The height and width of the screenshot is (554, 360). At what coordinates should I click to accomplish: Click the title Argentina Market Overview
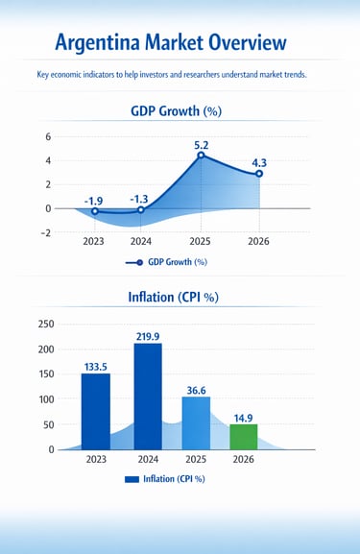170,42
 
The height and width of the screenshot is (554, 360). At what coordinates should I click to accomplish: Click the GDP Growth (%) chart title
176,111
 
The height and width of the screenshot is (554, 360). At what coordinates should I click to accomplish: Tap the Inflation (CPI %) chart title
173,297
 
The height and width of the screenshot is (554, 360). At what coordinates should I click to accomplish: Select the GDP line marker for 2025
201,156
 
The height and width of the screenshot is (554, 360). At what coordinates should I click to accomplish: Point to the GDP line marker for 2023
94,211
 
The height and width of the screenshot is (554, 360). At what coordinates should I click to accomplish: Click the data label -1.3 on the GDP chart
140,199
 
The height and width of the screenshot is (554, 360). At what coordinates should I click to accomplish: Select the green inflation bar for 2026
244,437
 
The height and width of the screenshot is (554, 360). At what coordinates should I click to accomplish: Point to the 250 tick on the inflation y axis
44,325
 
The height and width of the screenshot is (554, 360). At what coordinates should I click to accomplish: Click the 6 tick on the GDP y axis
47,137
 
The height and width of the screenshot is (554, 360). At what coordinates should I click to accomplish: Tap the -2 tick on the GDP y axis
45,232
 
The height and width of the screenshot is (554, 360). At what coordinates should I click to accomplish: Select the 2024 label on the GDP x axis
141,242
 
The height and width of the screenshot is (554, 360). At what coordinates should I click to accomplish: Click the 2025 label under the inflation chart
195,461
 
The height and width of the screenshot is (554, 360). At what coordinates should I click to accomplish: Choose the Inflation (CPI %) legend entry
165,478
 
